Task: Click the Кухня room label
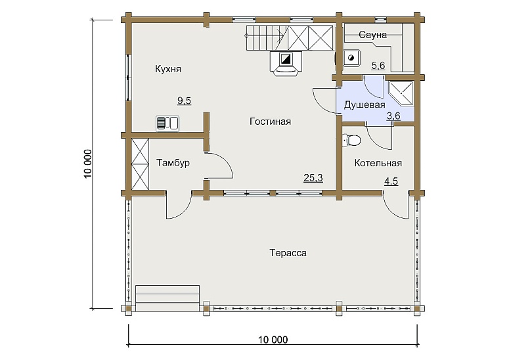(168, 69)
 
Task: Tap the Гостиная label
(270, 122)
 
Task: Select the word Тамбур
(173, 163)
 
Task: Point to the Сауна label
(372, 35)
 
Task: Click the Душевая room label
(365, 105)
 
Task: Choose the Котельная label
(378, 163)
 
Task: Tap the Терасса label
(288, 253)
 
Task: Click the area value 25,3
(313, 178)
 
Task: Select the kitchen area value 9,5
(184, 101)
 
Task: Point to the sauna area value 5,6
(378, 66)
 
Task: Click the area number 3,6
(393, 116)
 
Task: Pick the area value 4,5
(391, 181)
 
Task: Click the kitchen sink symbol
(167, 124)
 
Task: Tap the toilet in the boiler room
(351, 140)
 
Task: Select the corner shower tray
(401, 93)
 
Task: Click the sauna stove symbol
(351, 58)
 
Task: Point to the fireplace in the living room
(286, 63)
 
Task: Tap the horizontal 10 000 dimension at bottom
(273, 340)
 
